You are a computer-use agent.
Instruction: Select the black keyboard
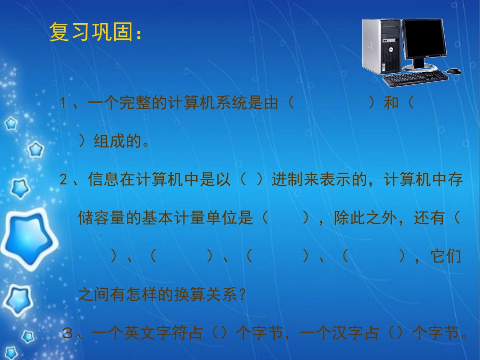tap(414, 78)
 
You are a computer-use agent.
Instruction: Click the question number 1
tap(64, 104)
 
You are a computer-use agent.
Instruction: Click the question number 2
tap(64, 180)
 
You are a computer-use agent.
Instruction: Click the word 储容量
tap(102, 218)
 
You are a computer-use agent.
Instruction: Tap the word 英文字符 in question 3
tap(155, 333)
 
